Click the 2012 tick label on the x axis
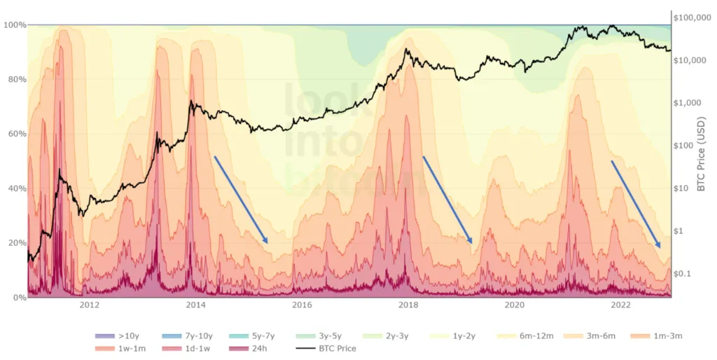89,305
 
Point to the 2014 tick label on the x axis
195,305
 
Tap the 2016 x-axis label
302,305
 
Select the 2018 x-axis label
408,305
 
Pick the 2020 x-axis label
515,305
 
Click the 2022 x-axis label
621,305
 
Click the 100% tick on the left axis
15,25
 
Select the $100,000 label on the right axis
692,18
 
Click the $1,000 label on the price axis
687,103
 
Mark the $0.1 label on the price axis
682,273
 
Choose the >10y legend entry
120,336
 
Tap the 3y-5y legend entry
324,336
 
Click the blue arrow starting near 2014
241,200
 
